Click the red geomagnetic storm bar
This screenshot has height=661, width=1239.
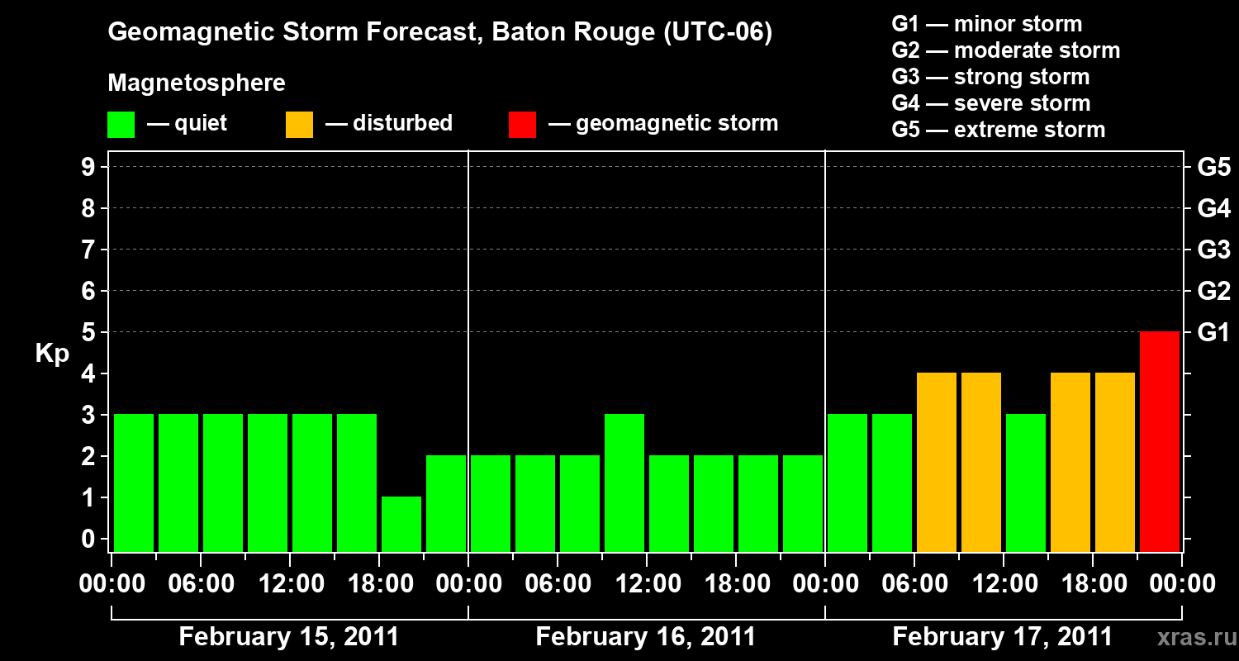[1160, 441]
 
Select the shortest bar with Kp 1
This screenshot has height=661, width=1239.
[401, 524]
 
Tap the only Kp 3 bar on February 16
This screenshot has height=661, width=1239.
[624, 483]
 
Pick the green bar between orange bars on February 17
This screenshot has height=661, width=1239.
[1026, 483]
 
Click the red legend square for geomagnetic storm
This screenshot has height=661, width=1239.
[523, 124]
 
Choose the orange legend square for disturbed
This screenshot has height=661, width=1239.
[299, 124]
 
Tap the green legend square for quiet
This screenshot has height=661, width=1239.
[121, 124]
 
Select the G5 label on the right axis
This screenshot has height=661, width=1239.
[1213, 168]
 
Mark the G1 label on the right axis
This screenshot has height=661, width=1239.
[1213, 333]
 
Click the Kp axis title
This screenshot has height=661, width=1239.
[52, 354]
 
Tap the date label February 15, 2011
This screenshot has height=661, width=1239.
[289, 637]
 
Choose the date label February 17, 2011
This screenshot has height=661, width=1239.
[1002, 637]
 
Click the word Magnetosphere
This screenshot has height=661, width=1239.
[197, 83]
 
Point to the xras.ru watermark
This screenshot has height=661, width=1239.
[1191, 638]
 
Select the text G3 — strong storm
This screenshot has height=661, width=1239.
[990, 77]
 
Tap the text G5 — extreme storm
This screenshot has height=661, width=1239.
[998, 130]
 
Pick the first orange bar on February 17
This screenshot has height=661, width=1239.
[937, 462]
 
